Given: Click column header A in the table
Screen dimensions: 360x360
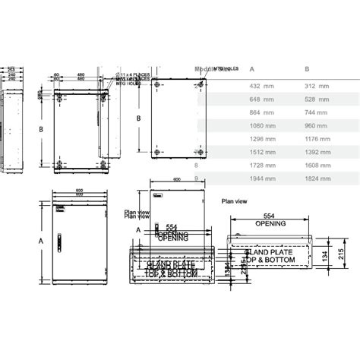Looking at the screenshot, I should coord(251,68).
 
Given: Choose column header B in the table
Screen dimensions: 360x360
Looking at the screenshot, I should coord(306,68).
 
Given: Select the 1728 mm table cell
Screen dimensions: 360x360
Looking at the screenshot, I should coord(262,164).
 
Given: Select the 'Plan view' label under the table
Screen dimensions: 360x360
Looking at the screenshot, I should coord(234,203).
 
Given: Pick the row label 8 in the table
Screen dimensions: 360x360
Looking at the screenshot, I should coord(196,164).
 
